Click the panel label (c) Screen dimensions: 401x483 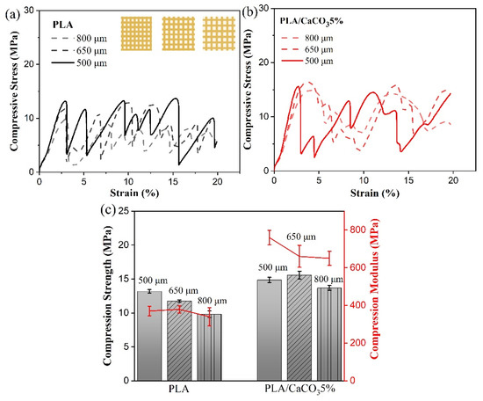click(108, 210)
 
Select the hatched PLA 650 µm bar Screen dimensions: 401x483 click(179, 339)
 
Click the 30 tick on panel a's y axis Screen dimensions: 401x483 click(30, 10)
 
